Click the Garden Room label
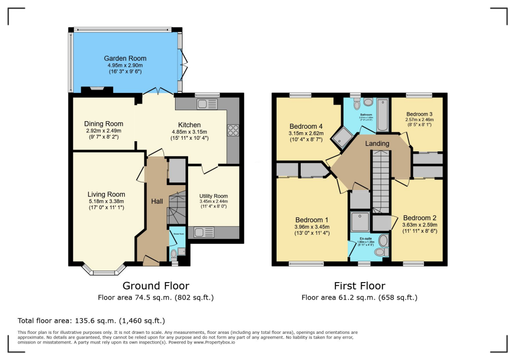[x=125, y=58]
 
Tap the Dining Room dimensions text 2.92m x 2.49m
[x=103, y=131]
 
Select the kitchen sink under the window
[x=207, y=104]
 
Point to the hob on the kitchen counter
[x=233, y=130]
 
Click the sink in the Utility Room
[x=204, y=232]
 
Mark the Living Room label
[x=106, y=195]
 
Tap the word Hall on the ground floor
[x=157, y=202]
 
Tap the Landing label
[x=377, y=144]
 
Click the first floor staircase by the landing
[x=381, y=181]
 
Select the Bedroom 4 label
[x=306, y=126]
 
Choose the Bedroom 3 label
[x=419, y=114]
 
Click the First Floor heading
[x=359, y=286]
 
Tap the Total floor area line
[x=91, y=320]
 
